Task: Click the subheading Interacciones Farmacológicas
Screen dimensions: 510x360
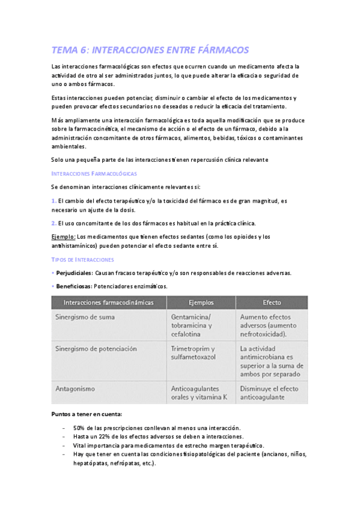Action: coord(94,173)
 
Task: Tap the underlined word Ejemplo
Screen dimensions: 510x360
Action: coord(64,236)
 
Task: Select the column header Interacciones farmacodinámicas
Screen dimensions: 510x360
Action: coord(108,303)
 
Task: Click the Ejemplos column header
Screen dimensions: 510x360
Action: coord(201,303)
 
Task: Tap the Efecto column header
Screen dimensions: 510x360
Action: coord(272,303)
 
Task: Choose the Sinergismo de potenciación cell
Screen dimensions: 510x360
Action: coord(96,349)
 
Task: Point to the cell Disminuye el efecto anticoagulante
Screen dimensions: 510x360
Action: coord(269,393)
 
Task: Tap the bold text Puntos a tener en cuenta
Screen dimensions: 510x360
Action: coord(87,414)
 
